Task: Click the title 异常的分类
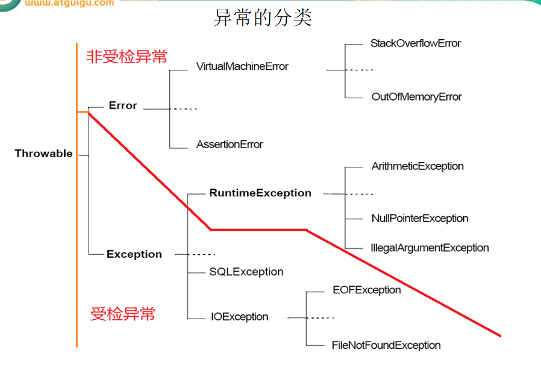263,18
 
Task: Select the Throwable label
43,154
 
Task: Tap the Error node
123,106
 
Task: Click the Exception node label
134,254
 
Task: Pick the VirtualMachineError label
242,66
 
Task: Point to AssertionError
230,145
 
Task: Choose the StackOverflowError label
416,43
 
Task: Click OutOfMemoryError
416,97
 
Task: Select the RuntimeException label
260,193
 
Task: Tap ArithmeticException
417,166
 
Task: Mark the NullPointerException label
420,219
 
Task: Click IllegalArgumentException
430,248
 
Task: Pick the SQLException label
246,272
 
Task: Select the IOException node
240,317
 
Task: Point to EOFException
367,290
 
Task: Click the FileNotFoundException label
386,346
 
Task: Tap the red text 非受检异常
127,57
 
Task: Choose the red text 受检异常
123,314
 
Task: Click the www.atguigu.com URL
69,4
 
